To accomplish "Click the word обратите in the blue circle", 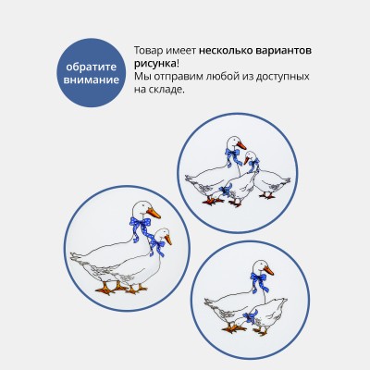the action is click(92, 67).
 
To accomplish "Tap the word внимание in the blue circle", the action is click(92, 80).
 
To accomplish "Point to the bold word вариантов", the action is click(284, 51).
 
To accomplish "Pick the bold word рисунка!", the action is click(156, 64).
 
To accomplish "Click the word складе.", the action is click(167, 90).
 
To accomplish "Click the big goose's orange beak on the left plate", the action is click(154, 213).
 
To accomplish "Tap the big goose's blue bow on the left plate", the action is click(141, 227).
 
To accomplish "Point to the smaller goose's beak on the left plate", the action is click(168, 240).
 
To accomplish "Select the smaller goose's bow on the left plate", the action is click(157, 247).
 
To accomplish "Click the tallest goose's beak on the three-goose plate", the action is click(241, 145).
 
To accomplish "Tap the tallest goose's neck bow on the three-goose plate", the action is click(233, 157).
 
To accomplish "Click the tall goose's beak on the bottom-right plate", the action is click(268, 270).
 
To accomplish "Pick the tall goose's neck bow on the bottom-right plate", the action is click(259, 281).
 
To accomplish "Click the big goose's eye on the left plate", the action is click(143, 206).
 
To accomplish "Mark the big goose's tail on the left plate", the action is click(78, 257).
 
